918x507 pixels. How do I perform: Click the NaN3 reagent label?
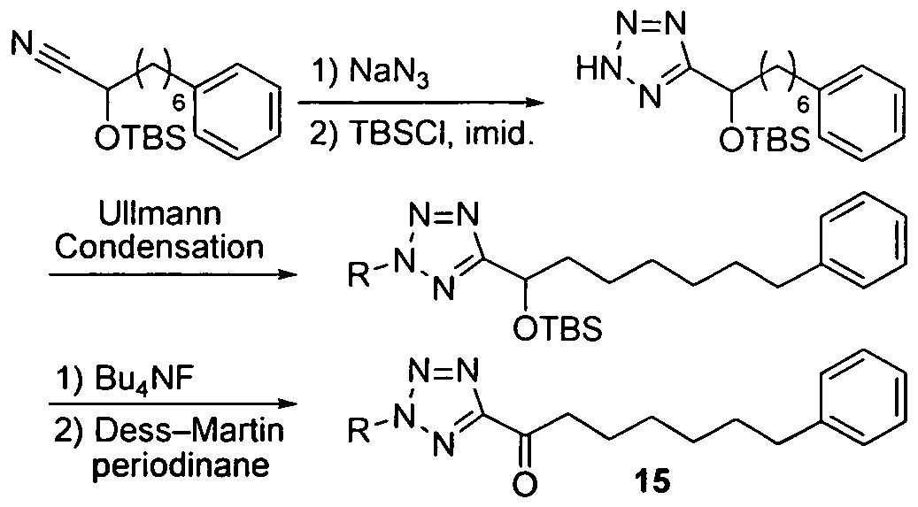[389, 75]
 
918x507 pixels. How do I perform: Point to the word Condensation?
[159, 247]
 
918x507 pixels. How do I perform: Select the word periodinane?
[181, 465]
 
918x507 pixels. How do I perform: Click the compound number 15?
[652, 482]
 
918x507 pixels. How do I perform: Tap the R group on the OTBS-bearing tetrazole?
[359, 275]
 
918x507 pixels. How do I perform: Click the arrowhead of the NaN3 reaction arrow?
[533, 104]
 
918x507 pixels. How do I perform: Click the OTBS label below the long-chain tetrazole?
[558, 329]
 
